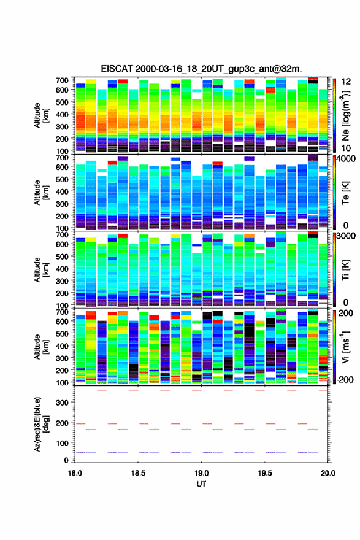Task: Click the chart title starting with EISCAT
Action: [x=201, y=69]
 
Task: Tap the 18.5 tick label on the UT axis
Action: [x=138, y=473]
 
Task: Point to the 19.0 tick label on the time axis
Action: [x=201, y=473]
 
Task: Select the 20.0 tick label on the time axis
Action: [x=327, y=473]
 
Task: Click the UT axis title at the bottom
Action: [x=201, y=484]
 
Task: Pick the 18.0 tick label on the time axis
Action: [x=75, y=473]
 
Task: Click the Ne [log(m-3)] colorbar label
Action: [x=346, y=115]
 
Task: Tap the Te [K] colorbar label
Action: [x=345, y=193]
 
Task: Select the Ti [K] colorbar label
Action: [x=345, y=270]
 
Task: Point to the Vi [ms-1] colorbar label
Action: [x=345, y=347]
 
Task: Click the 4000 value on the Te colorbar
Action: [x=347, y=159]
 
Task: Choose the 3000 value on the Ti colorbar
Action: [x=347, y=236]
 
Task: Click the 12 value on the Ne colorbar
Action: [x=347, y=82]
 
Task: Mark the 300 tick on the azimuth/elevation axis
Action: [x=63, y=403]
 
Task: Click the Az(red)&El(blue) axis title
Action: [x=40, y=425]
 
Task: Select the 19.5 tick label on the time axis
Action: [x=265, y=473]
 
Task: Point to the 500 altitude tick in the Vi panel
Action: [x=63, y=333]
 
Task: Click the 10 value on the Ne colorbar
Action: [x=347, y=148]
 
